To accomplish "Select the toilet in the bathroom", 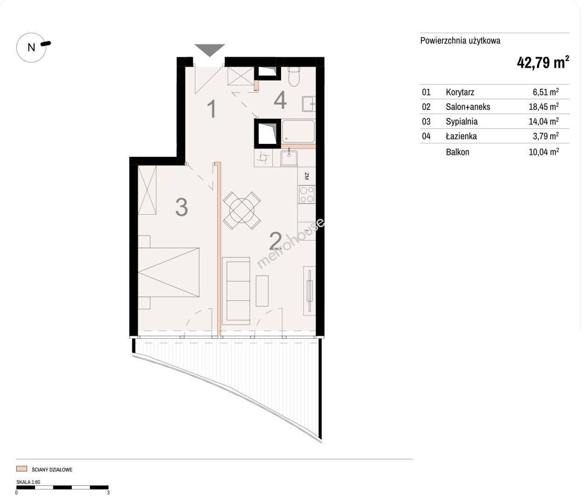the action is (x=294, y=76).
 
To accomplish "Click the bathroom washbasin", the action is (x=309, y=104).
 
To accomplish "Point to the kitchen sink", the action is (x=289, y=158).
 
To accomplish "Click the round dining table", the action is (x=242, y=211).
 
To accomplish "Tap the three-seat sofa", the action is (x=236, y=291).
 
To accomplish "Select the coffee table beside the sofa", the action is (x=262, y=291).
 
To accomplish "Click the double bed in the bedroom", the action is (x=169, y=272).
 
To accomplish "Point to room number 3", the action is (x=181, y=207).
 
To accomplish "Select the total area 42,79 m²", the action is (x=543, y=62).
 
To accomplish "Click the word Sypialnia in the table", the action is (x=462, y=122).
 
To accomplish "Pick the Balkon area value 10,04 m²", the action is (x=544, y=152).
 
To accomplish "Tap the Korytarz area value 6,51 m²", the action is (x=546, y=92).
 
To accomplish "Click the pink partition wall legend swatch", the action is (x=21, y=469).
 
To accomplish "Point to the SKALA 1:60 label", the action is (x=28, y=482).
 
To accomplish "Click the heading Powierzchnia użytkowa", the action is (x=460, y=41).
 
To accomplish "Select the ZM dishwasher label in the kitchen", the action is (x=306, y=176).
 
